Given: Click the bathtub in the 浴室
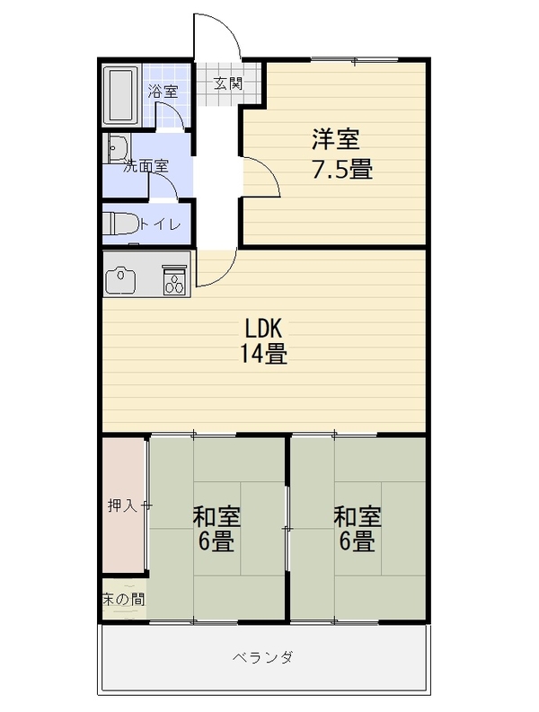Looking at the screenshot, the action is (x=120, y=95).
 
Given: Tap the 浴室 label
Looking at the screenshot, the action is (x=163, y=92).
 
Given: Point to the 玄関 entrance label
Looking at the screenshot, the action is (x=228, y=84).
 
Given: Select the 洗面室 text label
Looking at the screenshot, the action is (x=146, y=166).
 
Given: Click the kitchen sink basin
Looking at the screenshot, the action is (x=120, y=280).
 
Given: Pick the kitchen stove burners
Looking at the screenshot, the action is (x=175, y=282).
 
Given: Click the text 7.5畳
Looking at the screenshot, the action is (x=342, y=170).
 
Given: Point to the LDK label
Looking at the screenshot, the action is (x=264, y=328).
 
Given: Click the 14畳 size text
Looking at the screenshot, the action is (x=263, y=354).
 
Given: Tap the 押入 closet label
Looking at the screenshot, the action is (x=122, y=505).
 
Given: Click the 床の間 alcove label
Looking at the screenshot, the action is (x=124, y=600).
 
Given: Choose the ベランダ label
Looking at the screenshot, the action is (x=263, y=657).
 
